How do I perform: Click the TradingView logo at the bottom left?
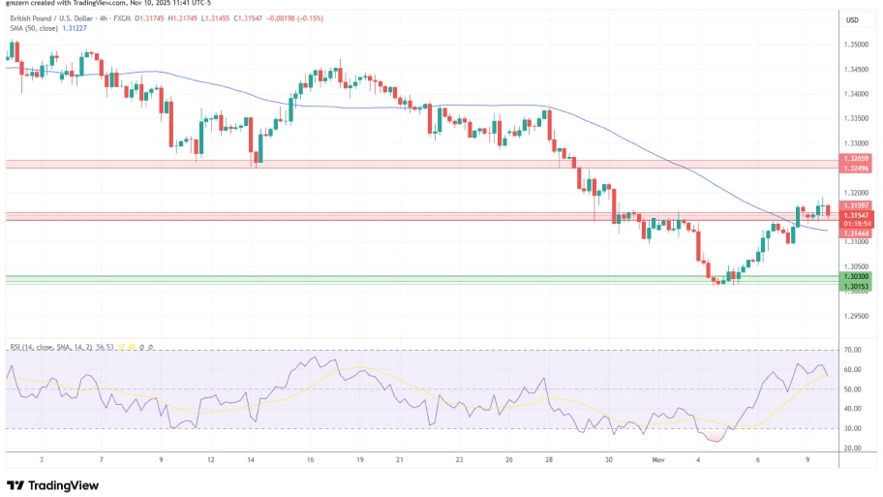[x=50, y=484]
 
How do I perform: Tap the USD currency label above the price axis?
[x=852, y=19]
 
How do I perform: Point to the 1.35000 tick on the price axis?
[x=856, y=45]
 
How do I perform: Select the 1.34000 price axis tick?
[x=856, y=94]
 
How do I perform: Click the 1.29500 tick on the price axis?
[x=856, y=316]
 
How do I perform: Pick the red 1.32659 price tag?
[x=855, y=158]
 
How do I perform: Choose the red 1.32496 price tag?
[x=855, y=167]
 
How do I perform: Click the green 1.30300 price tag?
[x=855, y=276]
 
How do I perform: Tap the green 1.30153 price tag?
[x=855, y=286]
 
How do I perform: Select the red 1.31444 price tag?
[x=855, y=233]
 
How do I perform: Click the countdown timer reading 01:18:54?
[x=855, y=223]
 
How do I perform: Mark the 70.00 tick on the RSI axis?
[x=853, y=350]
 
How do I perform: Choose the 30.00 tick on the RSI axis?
[x=853, y=428]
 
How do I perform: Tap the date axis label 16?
[x=311, y=462]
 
